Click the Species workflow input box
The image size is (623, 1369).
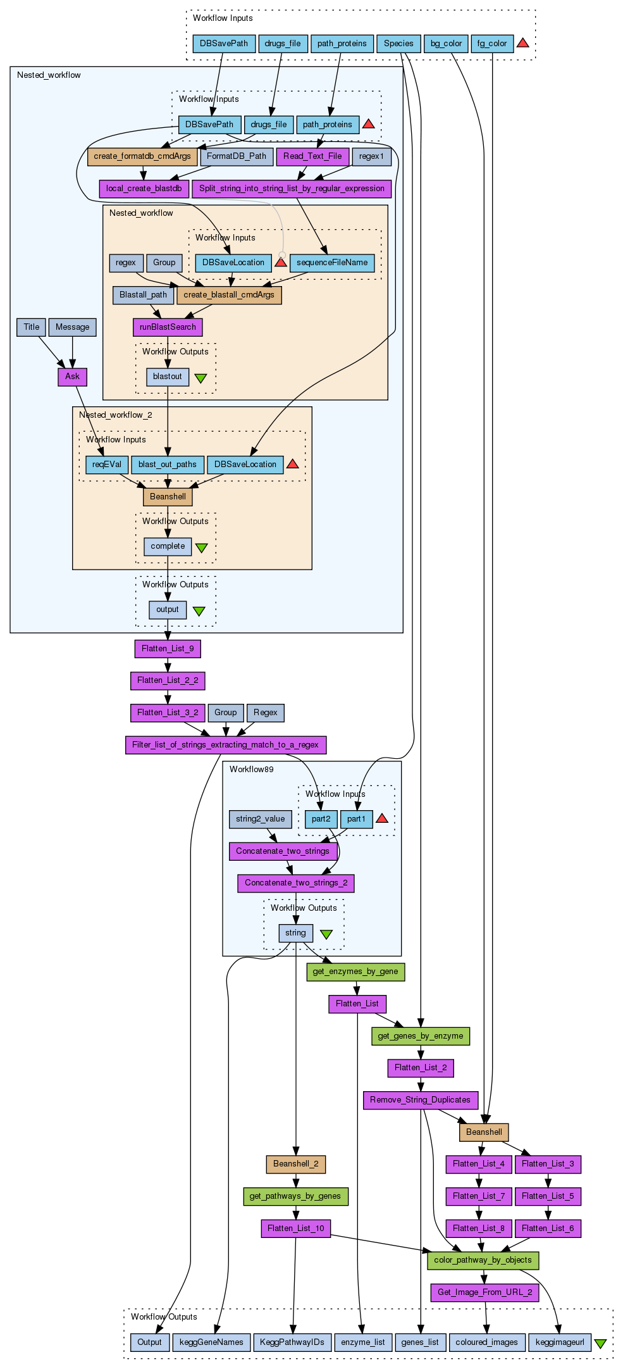[398, 44]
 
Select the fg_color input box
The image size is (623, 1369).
[492, 44]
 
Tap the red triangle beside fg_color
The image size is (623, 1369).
[522, 43]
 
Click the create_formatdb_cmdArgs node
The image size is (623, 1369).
[142, 156]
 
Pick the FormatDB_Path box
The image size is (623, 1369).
[237, 156]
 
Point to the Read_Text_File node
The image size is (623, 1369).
[312, 156]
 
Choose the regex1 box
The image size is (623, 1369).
[371, 156]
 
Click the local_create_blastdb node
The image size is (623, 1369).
[144, 189]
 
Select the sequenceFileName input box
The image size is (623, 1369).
[332, 263]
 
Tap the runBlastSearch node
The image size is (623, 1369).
[168, 327]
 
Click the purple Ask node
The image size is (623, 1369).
[73, 377]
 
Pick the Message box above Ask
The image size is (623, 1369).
[73, 327]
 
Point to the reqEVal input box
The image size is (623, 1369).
[106, 465]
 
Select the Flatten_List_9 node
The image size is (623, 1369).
[168, 649]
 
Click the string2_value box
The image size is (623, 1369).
[261, 819]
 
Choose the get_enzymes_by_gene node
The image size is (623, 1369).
[355, 972]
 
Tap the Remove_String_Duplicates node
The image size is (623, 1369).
[421, 1100]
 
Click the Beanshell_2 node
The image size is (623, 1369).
[296, 1164]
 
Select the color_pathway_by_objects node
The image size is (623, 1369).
[483, 1260]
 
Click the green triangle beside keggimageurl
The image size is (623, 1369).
[600, 1343]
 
